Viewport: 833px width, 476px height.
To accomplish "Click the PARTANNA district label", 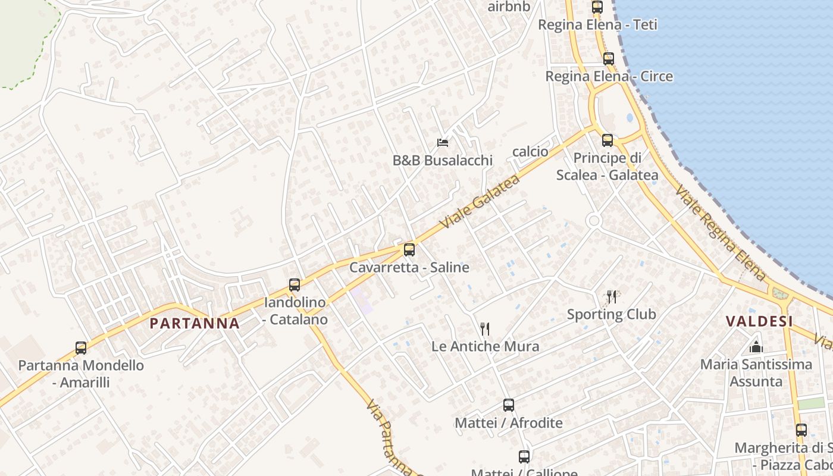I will coord(195,324).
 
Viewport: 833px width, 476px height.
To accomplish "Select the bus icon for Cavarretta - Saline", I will coord(409,250).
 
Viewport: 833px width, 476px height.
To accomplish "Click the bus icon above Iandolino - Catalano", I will coord(295,285).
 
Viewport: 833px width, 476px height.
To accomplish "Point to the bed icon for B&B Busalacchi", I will coord(442,143).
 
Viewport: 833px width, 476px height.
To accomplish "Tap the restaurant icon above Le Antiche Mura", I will coord(485,328).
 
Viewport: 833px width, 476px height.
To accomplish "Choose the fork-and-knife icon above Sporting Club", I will coord(611,296).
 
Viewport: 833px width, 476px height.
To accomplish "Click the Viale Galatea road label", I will coord(480,202).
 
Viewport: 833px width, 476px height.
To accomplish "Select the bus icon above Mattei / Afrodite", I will coord(509,405).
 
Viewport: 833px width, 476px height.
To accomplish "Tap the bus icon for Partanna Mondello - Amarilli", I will coord(81,348).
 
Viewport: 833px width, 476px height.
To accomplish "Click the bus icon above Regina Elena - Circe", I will coord(608,59).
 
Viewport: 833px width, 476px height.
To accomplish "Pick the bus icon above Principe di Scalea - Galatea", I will coord(607,140).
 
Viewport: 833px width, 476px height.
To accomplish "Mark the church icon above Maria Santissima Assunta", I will coord(756,346).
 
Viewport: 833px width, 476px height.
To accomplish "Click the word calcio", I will coord(530,152).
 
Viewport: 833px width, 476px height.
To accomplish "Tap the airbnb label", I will coord(508,7).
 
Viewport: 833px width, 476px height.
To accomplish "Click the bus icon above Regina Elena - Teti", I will coord(597,7).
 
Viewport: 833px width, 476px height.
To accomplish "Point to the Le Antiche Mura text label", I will coord(485,346).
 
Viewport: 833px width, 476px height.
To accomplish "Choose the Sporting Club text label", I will coord(611,314).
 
